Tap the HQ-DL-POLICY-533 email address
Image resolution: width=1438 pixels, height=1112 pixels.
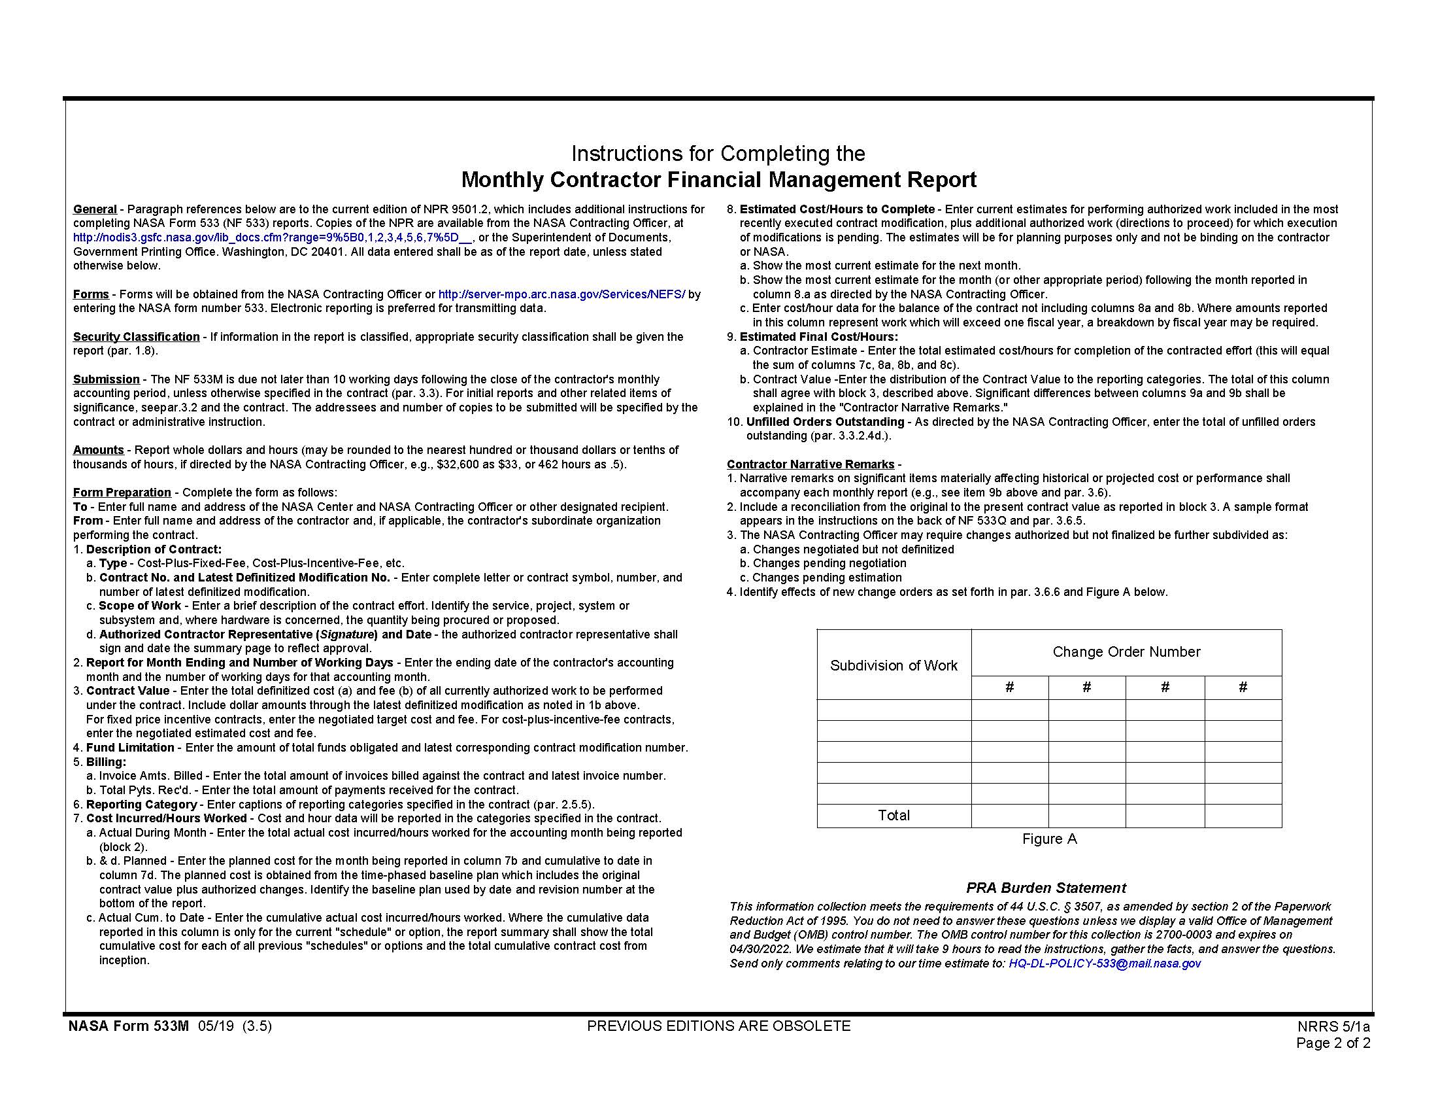1104,964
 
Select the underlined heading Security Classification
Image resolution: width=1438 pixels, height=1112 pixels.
137,337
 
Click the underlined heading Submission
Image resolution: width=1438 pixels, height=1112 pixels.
106,379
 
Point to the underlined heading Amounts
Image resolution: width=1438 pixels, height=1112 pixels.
98,450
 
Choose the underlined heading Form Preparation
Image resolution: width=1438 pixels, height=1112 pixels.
122,493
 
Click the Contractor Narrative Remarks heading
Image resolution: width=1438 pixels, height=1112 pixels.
811,464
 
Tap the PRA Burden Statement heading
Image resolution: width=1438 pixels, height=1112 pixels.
1046,888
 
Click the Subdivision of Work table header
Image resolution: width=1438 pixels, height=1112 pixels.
894,665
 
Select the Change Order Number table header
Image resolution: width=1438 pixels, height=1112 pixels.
1126,652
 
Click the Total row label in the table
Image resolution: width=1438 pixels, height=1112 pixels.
894,816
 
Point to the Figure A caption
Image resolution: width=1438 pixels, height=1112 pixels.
1049,839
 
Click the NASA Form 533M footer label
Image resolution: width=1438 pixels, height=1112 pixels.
128,1026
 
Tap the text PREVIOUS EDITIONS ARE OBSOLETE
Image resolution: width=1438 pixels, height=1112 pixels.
718,1026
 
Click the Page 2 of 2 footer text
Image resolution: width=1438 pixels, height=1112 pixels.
1333,1043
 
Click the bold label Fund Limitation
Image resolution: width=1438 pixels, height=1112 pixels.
129,748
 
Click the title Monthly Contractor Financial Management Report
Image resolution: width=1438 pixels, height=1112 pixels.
718,180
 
